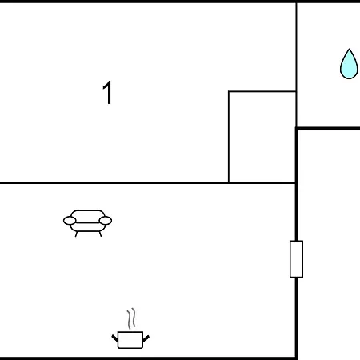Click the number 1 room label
108,93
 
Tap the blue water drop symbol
349,64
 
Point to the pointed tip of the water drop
349,49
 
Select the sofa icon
87,223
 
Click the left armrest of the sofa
70,221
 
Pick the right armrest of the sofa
106,221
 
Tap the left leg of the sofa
76,234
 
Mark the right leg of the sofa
100,234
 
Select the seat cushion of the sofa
87,227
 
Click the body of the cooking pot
130,340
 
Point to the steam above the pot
131,318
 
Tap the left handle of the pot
115,338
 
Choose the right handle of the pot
146,338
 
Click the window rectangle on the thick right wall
296,259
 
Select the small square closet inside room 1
262,137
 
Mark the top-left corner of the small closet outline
229,91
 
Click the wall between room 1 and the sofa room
148,183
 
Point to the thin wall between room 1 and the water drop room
296,66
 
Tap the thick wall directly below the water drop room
328,128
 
